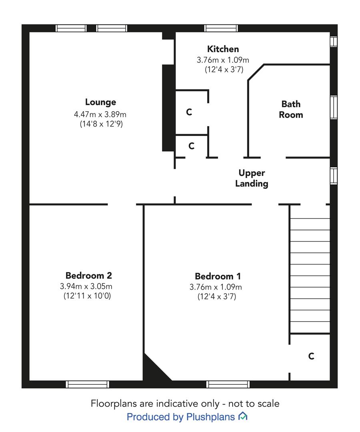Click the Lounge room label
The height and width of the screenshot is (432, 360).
100,102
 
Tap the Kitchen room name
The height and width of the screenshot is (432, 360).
223,49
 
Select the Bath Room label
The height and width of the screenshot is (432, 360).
291,109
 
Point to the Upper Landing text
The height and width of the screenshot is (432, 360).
252,178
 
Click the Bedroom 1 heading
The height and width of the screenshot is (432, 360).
218,276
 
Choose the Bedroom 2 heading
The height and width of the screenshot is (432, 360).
89,275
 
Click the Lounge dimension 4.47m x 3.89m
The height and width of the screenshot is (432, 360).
100,114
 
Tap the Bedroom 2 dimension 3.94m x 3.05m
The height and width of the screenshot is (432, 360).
86,286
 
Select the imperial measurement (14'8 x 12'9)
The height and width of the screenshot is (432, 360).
101,124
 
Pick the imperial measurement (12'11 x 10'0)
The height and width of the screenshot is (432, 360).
87,296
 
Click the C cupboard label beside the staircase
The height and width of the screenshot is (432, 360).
311,356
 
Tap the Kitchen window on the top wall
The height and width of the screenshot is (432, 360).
221,28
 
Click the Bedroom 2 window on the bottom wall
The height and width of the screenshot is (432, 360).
87,384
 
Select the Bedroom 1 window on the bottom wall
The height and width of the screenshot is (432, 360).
228,384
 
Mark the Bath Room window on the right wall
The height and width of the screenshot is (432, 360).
334,108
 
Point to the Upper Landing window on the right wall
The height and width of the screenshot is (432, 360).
334,176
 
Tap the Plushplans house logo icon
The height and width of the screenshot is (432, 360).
243,416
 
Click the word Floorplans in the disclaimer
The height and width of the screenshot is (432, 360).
114,404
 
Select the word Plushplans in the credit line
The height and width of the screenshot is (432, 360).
210,417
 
